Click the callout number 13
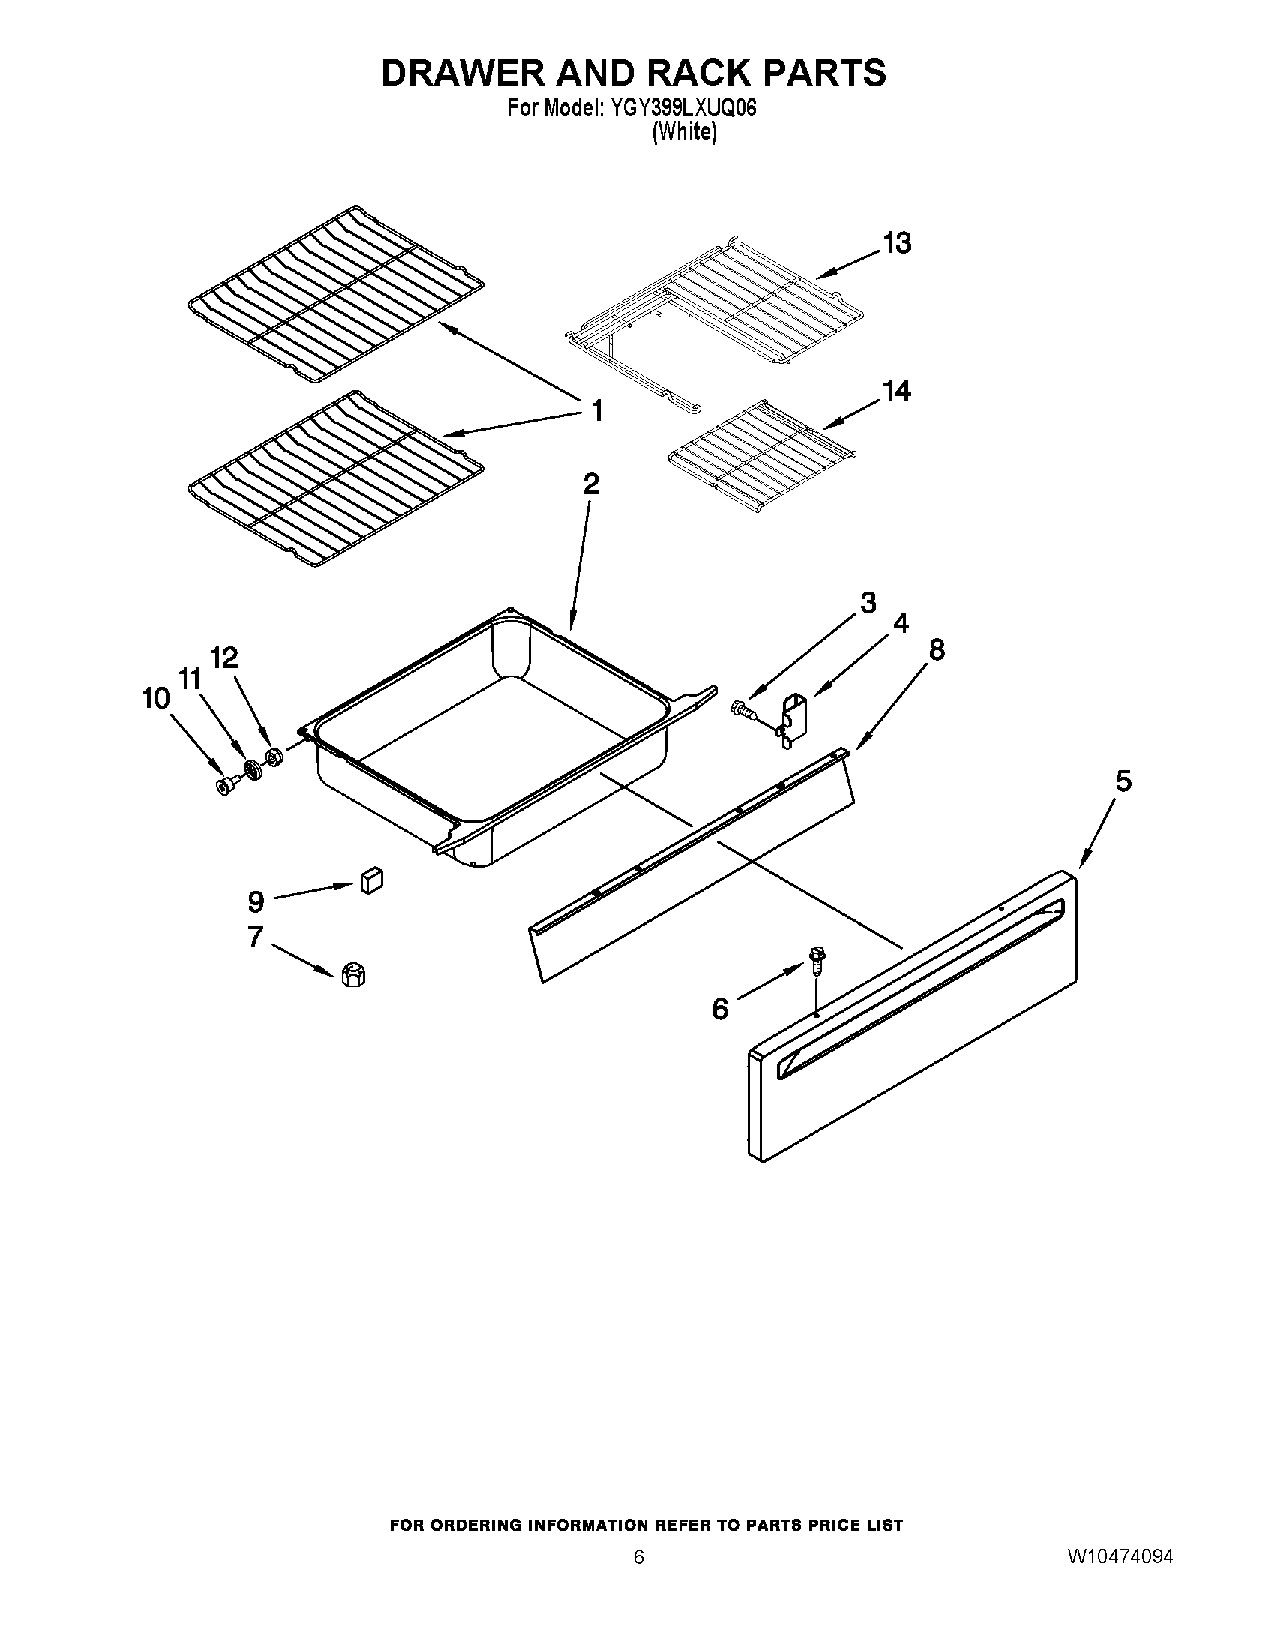click(897, 243)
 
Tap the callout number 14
click(896, 391)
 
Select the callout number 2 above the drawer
click(592, 484)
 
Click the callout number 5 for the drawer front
click(1124, 781)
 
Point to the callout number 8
click(936, 649)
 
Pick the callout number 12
click(223, 658)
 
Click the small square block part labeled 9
click(370, 880)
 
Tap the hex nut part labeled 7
click(352, 974)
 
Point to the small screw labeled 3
click(742, 709)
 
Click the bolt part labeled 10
click(225, 787)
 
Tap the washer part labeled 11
click(251, 771)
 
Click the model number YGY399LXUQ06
click(678, 109)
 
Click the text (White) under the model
click(683, 132)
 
